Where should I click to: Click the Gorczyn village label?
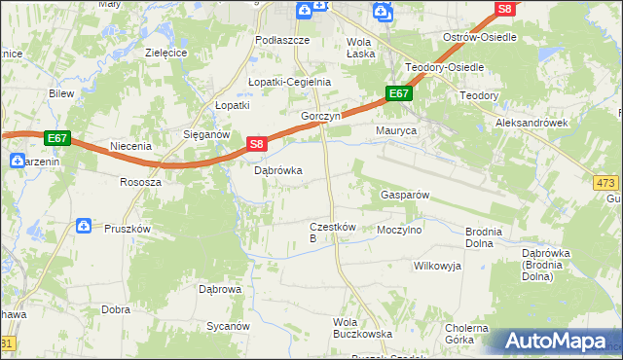tap(319, 115)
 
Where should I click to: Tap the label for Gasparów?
tap(403, 195)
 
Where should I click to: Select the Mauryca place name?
tap(396, 129)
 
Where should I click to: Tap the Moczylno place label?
tap(399, 231)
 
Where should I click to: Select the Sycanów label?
tap(228, 327)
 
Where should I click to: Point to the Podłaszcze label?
tap(281, 40)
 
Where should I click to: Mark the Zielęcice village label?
tap(165, 53)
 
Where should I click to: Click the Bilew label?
tap(61, 93)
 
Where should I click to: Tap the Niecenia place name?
tap(131, 146)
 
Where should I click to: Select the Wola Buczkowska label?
tap(362, 328)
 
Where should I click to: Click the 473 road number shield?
tap(605, 183)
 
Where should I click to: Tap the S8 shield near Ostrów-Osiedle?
tap(503, 9)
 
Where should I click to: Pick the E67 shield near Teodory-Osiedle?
tap(399, 93)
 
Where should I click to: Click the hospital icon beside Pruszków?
tap(85, 227)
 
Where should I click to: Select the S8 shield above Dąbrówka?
tap(255, 144)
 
